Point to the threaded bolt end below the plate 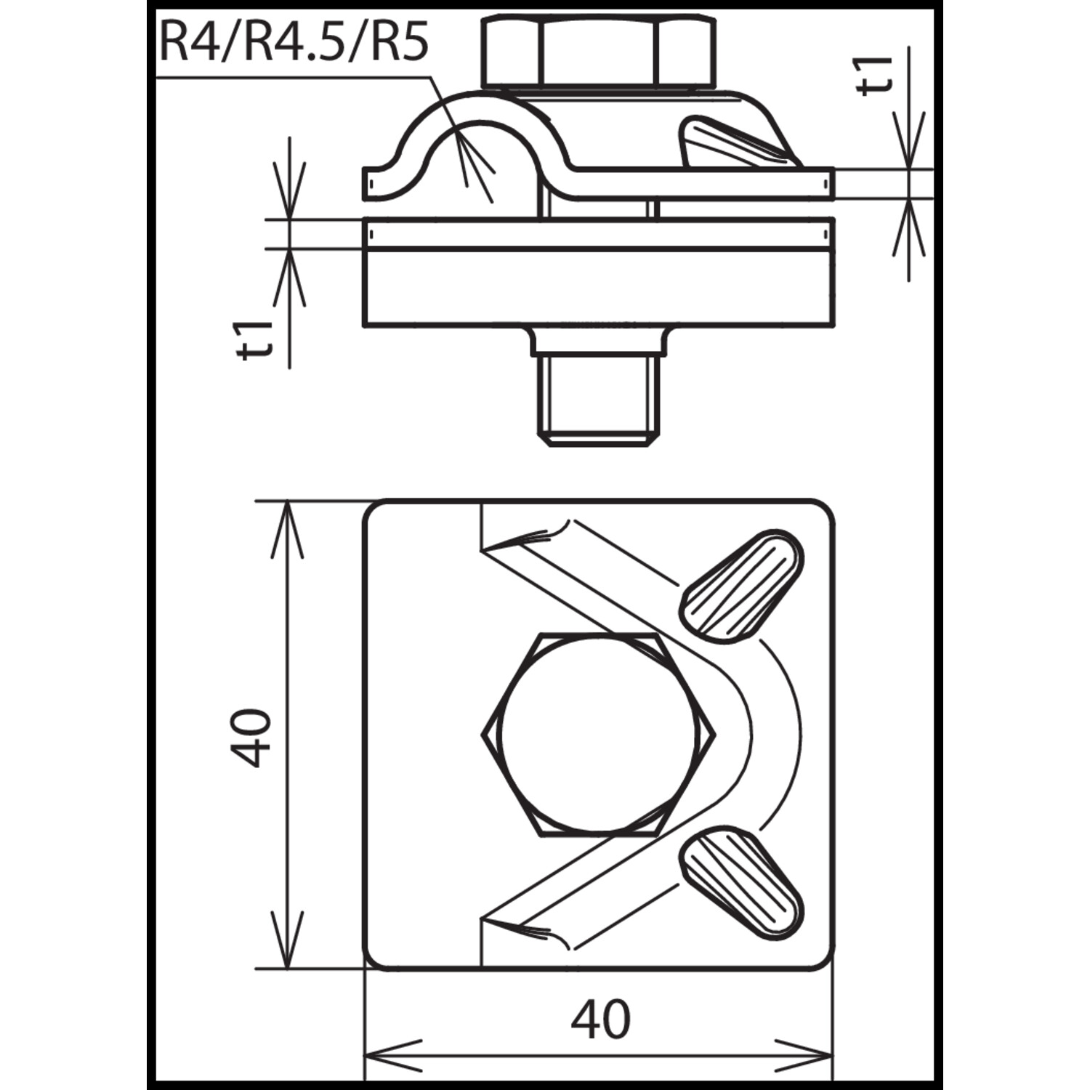click(599, 401)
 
